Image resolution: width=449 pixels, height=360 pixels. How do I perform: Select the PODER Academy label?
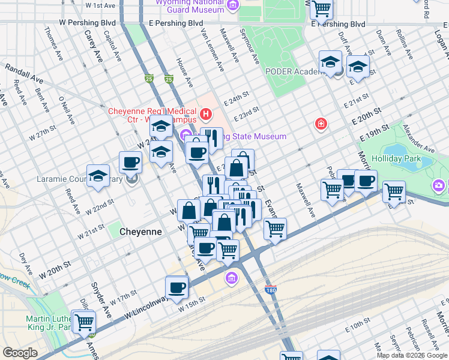pyautogui.click(x=292, y=71)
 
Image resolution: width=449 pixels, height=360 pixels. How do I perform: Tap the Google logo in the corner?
pyautogui.click(x=20, y=353)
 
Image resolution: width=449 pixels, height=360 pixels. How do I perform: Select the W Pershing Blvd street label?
pyautogui.click(x=87, y=22)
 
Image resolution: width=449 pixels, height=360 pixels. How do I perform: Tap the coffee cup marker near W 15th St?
pyautogui.click(x=176, y=287)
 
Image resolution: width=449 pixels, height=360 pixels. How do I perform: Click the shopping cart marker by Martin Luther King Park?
pyautogui.click(x=83, y=321)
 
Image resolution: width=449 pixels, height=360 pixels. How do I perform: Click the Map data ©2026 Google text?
pyautogui.click(x=411, y=355)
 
